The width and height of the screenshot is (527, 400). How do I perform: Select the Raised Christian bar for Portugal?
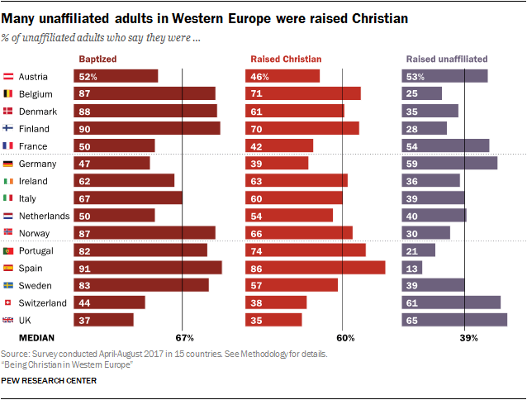[x=308, y=250]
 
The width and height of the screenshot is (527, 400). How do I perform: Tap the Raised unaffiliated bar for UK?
[x=454, y=320]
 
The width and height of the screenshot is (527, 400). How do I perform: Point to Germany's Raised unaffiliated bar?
[x=449, y=164]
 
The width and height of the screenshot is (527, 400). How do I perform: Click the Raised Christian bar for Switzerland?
[x=278, y=302]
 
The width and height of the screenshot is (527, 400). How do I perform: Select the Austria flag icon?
[x=9, y=76]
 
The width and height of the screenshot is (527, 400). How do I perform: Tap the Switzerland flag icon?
[x=9, y=302]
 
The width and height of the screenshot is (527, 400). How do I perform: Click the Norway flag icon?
[x=9, y=233]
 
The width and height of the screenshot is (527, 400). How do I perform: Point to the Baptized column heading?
[x=97, y=60]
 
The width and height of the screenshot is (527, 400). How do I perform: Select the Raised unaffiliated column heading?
[x=447, y=60]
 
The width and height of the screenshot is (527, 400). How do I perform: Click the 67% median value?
[x=183, y=338]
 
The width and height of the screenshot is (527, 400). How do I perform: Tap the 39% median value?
[x=468, y=338]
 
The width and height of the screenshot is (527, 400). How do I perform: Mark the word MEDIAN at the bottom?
[x=37, y=338]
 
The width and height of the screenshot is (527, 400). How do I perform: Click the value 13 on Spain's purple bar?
[x=410, y=268]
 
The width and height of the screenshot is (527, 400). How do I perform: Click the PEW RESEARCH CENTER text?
[x=49, y=381]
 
